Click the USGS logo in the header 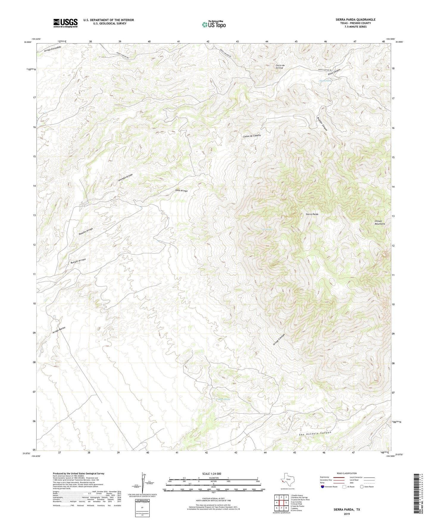(65, 23)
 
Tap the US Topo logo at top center (213, 24)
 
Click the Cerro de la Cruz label (280, 66)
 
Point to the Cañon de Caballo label (252, 136)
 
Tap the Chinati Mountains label (380, 222)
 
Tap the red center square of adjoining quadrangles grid (281, 503)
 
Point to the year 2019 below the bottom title (347, 514)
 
